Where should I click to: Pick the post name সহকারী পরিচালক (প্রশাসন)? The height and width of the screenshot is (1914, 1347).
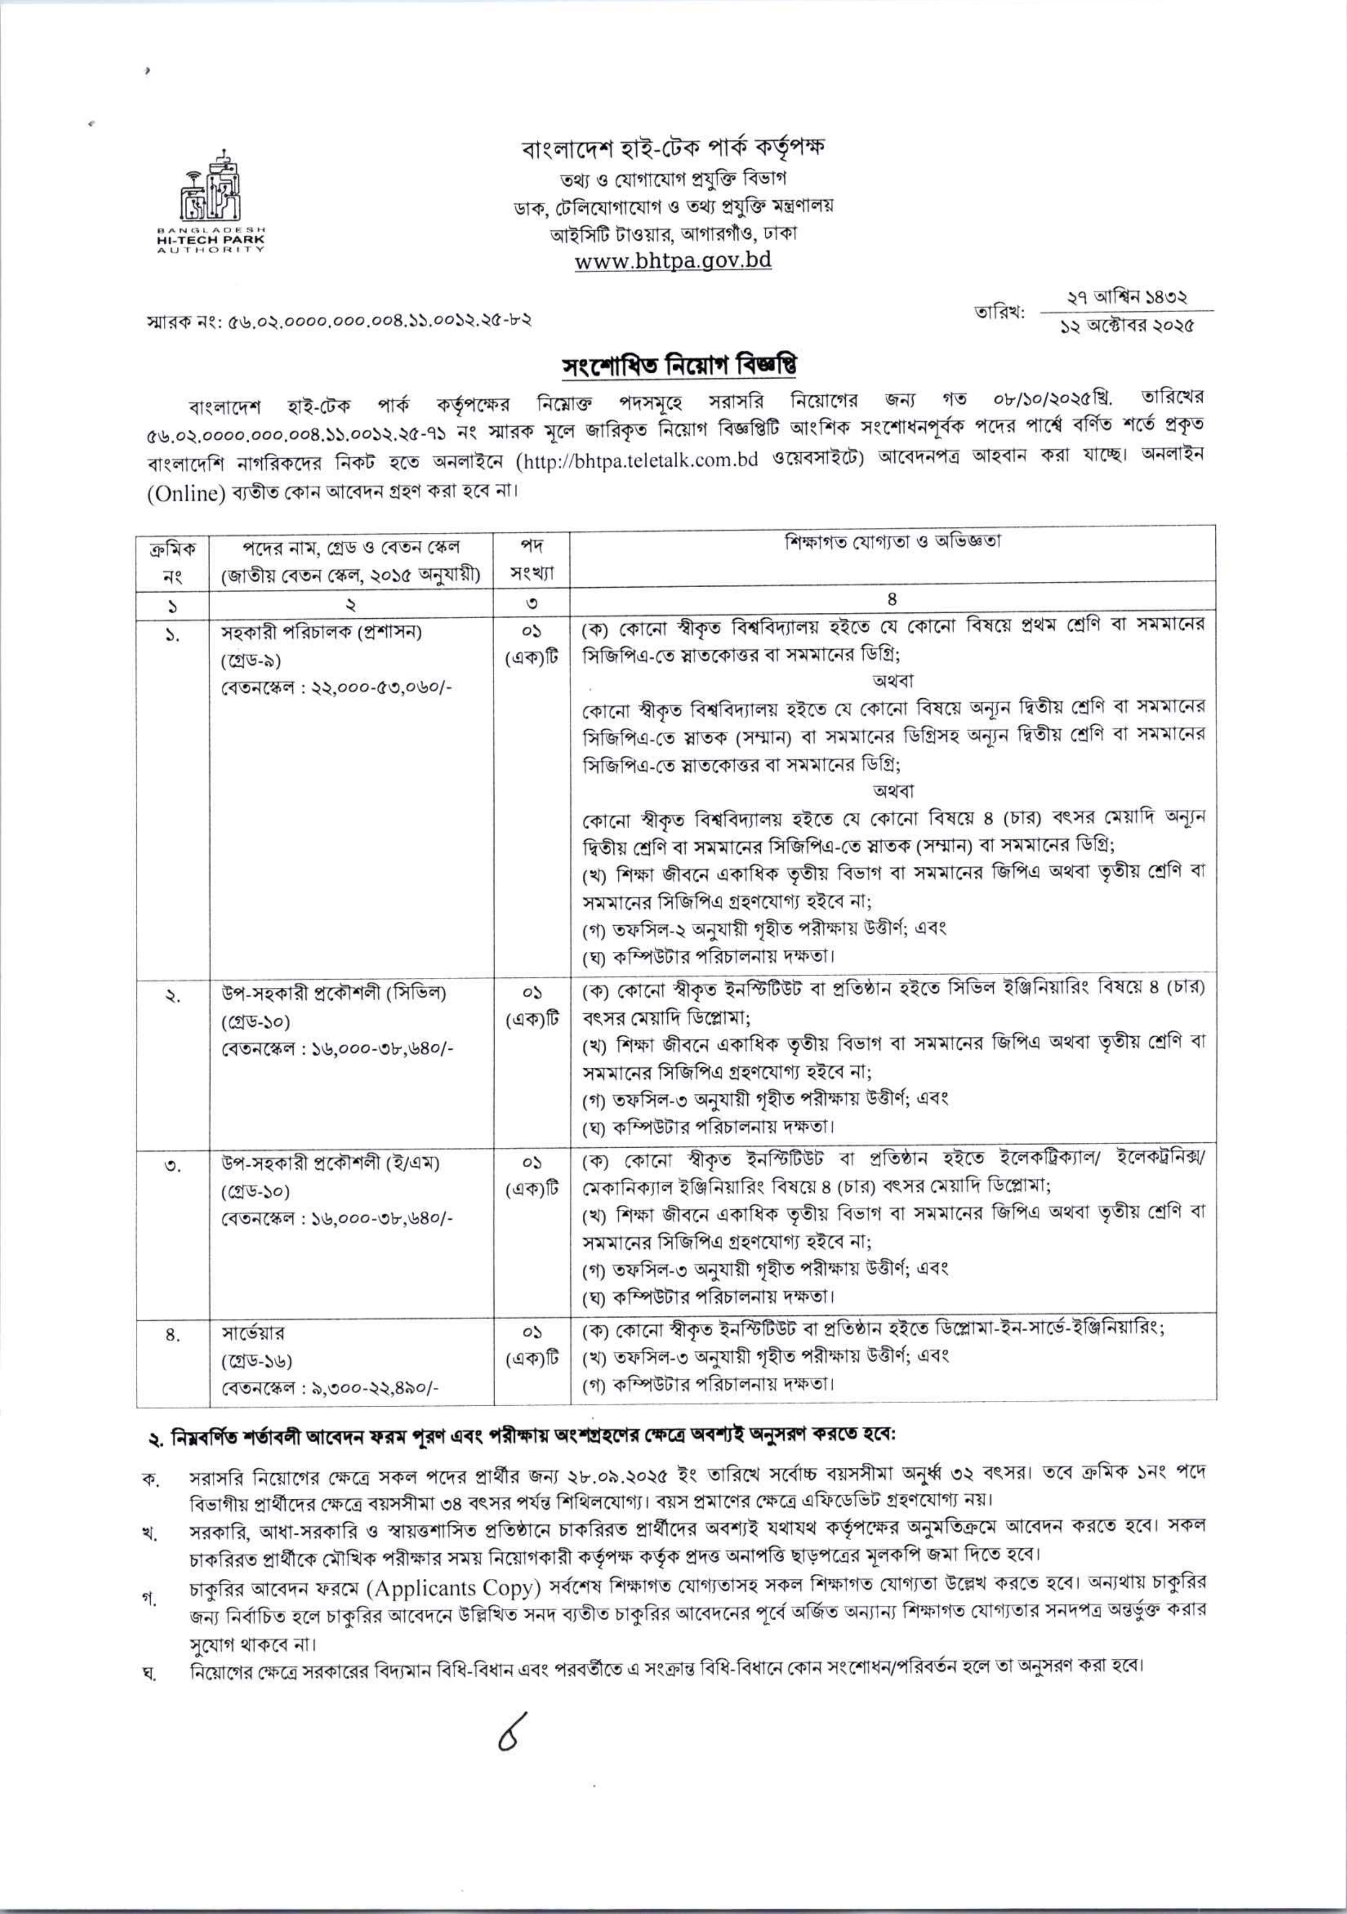pos(321,632)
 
